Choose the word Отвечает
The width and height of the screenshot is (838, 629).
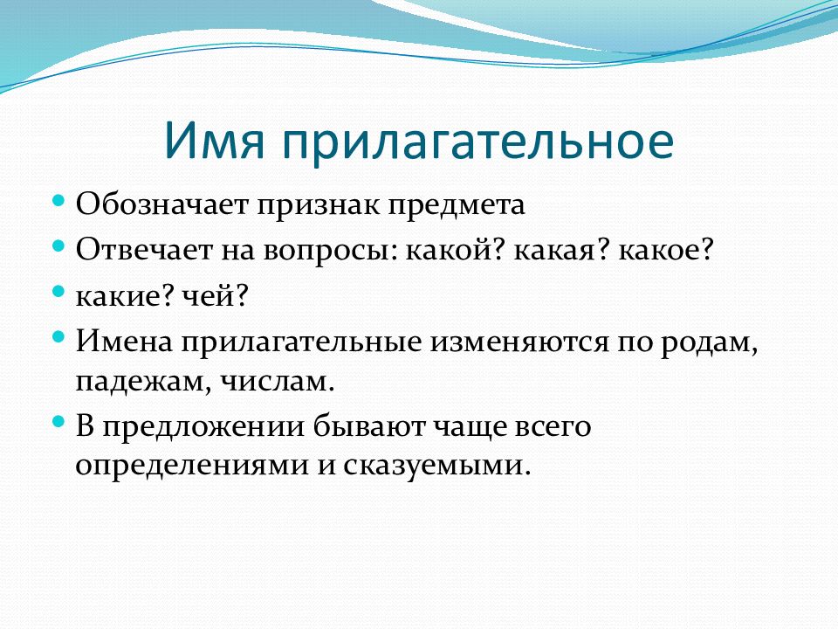[x=144, y=249]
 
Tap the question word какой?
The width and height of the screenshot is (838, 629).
[x=456, y=249]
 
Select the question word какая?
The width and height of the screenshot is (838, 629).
[x=561, y=251]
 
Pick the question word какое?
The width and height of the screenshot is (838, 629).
[x=666, y=251]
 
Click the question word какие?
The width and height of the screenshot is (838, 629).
[x=125, y=296]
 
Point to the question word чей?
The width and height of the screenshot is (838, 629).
[x=216, y=296]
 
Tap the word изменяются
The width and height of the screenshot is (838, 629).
[x=519, y=342]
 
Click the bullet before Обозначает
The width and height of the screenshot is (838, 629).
[x=58, y=202]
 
